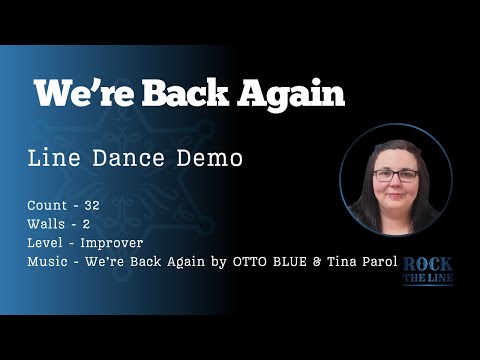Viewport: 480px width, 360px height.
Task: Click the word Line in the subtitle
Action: (58, 159)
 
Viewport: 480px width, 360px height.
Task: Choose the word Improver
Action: (112, 243)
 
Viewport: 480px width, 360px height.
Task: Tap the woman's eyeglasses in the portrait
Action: (396, 174)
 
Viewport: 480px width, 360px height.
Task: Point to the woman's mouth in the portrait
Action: (396, 195)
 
